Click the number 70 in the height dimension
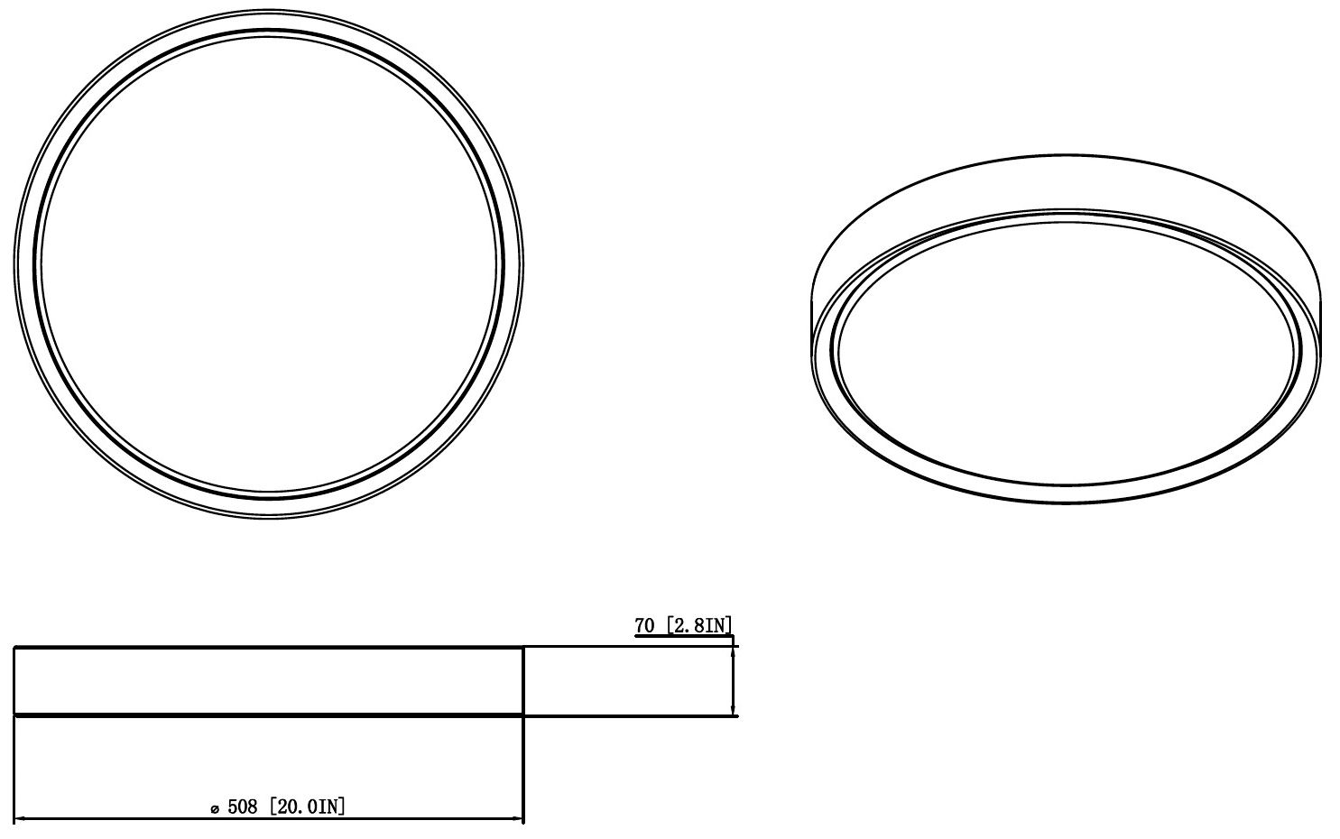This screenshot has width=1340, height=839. [x=644, y=625]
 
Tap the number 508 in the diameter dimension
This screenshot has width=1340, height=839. [x=243, y=806]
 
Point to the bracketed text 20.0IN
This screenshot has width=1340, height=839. [x=307, y=806]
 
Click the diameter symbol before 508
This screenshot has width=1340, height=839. [x=214, y=808]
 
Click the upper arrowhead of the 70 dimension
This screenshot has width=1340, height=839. [x=732, y=652]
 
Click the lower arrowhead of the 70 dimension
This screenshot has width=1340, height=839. [x=732, y=710]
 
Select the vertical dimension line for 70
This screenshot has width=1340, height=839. [x=732, y=681]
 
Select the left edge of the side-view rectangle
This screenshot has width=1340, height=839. [x=14, y=681]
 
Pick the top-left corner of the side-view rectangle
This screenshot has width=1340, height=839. [x=14, y=647]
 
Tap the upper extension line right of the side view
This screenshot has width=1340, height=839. [x=632, y=647]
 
